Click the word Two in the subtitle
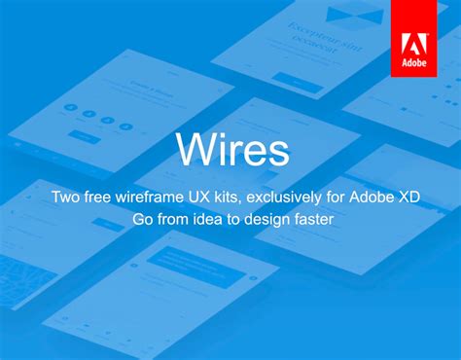point(66,198)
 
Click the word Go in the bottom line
point(142,221)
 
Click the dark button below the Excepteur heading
point(297,82)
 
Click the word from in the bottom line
point(173,221)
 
